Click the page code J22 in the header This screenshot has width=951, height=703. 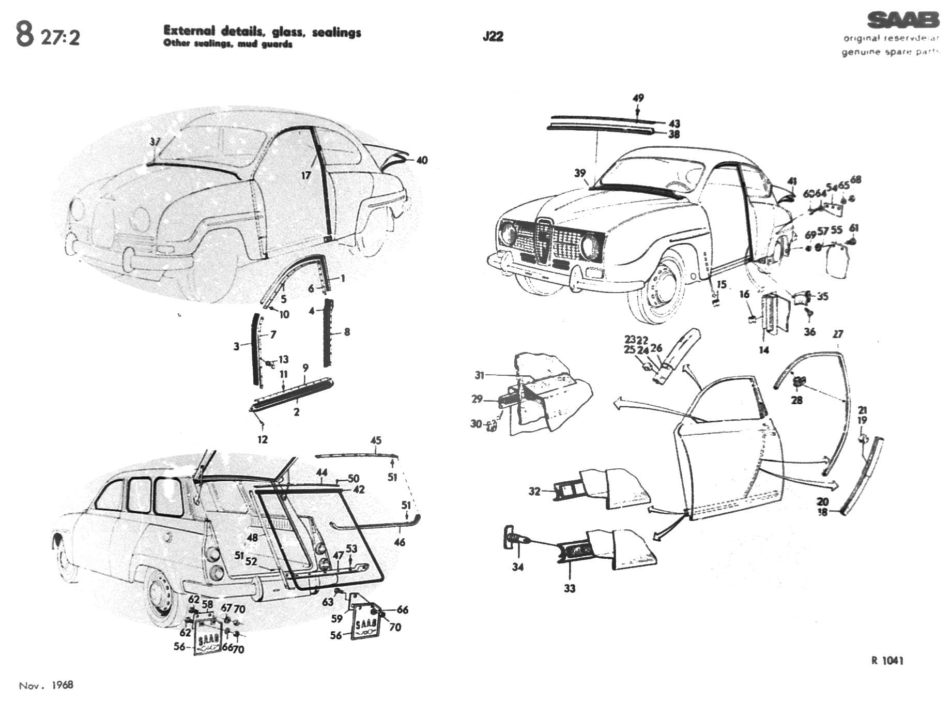click(493, 37)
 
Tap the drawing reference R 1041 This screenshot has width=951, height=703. click(887, 660)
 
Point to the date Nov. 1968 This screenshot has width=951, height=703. click(46, 685)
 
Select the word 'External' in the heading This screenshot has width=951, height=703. click(186, 31)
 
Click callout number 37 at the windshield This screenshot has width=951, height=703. click(155, 142)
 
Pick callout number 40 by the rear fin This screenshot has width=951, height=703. click(422, 160)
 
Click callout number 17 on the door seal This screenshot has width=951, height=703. click(306, 175)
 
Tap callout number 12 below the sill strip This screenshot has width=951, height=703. click(263, 439)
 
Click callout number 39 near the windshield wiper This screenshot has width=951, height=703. click(580, 173)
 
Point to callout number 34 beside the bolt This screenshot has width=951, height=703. click(518, 567)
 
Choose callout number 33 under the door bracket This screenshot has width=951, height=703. click(569, 588)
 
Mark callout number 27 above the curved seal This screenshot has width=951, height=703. click(838, 334)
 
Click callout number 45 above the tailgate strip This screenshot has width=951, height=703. click(376, 440)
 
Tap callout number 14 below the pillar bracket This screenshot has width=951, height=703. click(764, 350)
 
